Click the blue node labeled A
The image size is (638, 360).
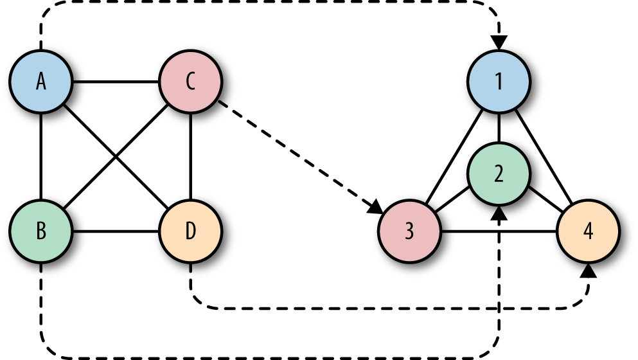tap(41, 82)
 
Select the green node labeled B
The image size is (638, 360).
tap(41, 231)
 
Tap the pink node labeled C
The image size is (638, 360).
tap(190, 82)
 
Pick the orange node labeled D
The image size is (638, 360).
tap(190, 231)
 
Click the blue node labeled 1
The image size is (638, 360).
tap(499, 82)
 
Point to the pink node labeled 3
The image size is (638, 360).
tap(409, 231)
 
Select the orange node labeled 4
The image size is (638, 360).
tap(588, 231)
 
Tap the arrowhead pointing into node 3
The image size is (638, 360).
tap(375, 209)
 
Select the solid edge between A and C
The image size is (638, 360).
tap(116, 82)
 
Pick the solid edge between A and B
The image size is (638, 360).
tap(41, 156)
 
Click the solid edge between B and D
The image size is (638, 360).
tap(116, 231)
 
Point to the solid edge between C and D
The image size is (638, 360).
tap(190, 156)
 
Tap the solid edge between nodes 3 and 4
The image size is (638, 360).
tap(499, 231)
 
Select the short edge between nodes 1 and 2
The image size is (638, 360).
tap(499, 129)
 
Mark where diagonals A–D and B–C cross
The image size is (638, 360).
tap(116, 156)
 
